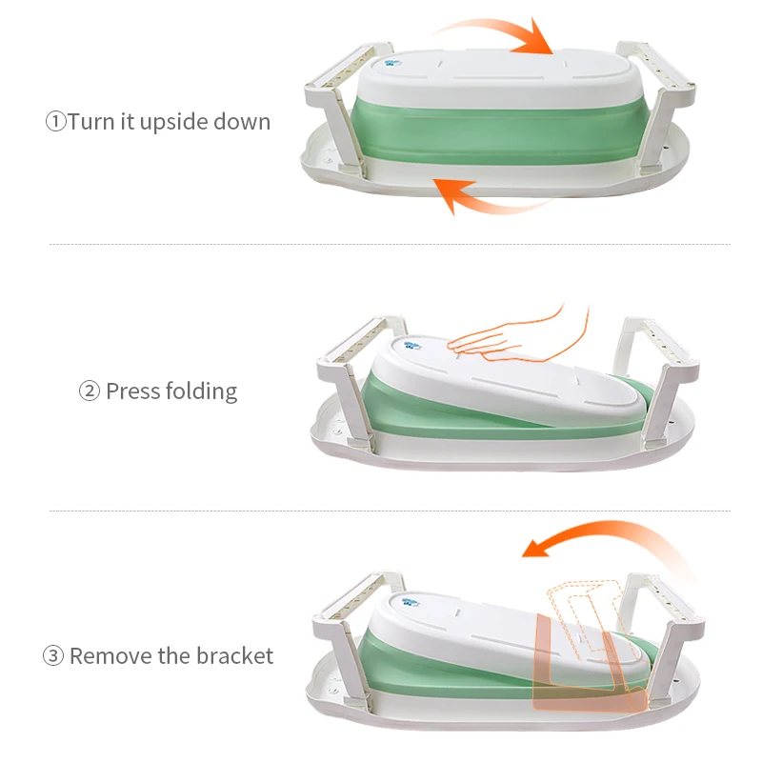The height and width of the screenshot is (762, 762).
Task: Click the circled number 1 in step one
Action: point(56,122)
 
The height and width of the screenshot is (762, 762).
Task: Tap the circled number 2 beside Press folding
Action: point(89,391)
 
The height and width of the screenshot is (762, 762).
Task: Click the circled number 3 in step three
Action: point(53,656)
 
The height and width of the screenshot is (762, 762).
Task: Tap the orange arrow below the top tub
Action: point(486,195)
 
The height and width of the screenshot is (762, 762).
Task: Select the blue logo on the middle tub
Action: point(415,346)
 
